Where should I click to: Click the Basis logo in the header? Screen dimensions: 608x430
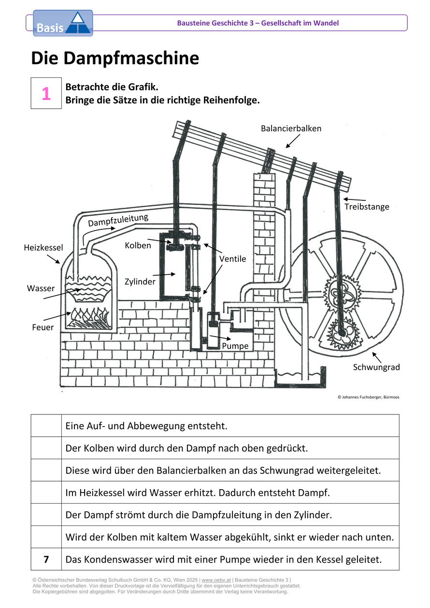point(62,23)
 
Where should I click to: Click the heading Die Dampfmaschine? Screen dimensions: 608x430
point(115,58)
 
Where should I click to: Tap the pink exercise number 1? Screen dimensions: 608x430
point(46,94)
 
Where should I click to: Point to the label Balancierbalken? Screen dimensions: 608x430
point(291,128)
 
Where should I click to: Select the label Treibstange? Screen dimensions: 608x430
point(366,207)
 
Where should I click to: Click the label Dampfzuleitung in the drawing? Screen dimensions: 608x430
point(118,221)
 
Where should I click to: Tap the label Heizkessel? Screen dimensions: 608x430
point(43,248)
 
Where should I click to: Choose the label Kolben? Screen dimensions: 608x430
point(138,245)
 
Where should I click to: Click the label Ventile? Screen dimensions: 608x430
point(232,259)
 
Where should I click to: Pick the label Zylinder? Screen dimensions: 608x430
point(140,281)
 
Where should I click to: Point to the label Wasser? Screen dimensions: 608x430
point(41,288)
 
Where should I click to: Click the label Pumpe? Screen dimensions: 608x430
point(235,346)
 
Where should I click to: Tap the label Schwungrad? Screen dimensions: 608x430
point(376,367)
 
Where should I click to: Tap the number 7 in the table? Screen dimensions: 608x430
point(46,560)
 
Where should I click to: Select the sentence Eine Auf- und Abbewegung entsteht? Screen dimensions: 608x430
point(146,426)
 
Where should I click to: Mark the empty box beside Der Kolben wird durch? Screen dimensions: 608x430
point(46,448)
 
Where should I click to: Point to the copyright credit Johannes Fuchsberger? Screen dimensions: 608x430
point(368,397)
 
